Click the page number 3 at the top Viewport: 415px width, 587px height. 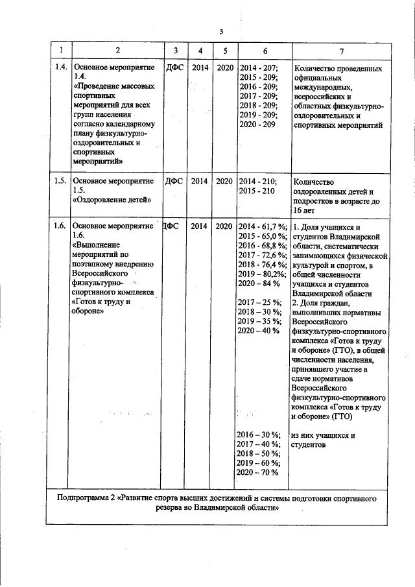[x=220, y=32]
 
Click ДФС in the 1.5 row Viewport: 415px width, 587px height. [x=174, y=181]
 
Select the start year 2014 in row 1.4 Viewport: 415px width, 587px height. [x=200, y=67]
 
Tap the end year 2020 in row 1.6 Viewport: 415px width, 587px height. [x=224, y=226]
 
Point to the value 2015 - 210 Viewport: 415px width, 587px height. [x=257, y=191]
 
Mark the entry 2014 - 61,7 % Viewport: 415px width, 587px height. [x=263, y=226]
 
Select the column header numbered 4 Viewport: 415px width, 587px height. [x=200, y=51]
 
